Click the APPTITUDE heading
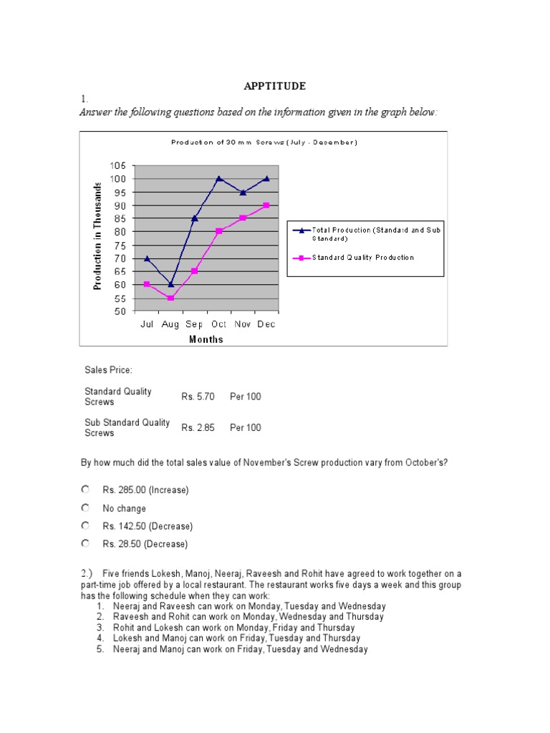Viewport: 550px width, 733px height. click(x=275, y=86)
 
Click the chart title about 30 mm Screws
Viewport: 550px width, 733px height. click(x=264, y=142)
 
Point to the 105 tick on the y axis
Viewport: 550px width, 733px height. click(x=117, y=165)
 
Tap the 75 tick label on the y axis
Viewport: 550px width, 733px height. click(x=120, y=245)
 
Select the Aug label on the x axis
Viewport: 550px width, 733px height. click(x=170, y=324)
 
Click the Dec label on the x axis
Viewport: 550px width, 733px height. click(x=266, y=324)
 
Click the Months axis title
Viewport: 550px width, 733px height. click(x=206, y=339)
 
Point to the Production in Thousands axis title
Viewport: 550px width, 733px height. click(x=98, y=236)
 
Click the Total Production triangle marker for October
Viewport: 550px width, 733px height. click(x=218, y=178)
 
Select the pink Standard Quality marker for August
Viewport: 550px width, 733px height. click(x=170, y=298)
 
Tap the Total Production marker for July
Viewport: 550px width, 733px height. click(x=147, y=258)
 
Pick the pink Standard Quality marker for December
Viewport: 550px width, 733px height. click(x=266, y=205)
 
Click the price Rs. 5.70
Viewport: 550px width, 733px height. click(x=198, y=397)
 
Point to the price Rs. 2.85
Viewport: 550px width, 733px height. click(x=198, y=427)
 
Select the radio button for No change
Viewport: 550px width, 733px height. click(x=85, y=508)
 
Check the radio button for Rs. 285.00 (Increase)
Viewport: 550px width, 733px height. click(x=85, y=490)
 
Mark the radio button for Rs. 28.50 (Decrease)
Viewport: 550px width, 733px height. click(x=85, y=544)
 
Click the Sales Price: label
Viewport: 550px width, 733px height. click(x=108, y=370)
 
